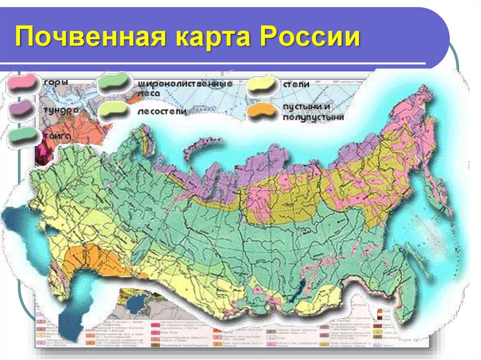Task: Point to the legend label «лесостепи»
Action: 163,112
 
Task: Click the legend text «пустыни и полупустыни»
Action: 312,112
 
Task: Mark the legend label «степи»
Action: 296,84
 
